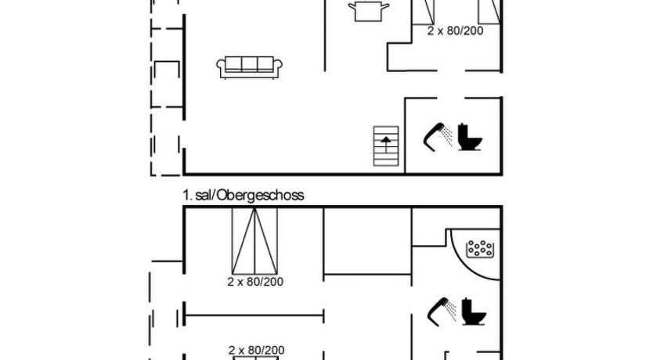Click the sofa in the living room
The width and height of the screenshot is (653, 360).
(x=250, y=67)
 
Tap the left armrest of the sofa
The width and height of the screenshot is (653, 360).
(x=221, y=65)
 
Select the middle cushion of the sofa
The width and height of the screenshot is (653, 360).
(x=250, y=63)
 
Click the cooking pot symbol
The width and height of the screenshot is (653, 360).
(x=369, y=11)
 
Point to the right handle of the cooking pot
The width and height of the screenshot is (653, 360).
(x=385, y=5)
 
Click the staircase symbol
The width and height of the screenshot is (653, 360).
(x=386, y=146)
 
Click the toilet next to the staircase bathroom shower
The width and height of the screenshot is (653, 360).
(x=469, y=137)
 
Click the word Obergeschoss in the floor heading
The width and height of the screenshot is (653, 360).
(x=261, y=195)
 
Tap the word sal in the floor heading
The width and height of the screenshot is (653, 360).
(x=204, y=195)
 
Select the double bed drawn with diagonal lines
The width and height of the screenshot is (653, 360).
(x=254, y=241)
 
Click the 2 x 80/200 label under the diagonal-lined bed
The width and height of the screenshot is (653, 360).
(x=255, y=282)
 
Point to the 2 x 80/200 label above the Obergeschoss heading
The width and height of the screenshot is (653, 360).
(x=455, y=31)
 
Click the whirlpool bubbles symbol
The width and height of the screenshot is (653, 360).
(x=480, y=248)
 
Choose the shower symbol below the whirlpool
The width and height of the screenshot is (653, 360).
(x=442, y=311)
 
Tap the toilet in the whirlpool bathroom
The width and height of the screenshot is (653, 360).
(x=474, y=311)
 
